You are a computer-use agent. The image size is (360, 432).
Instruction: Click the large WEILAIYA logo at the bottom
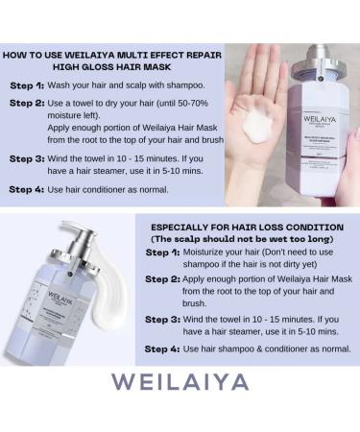click(180, 381)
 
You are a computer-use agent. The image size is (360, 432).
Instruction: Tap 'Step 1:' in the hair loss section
click(164, 252)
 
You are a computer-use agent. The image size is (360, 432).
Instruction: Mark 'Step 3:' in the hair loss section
click(164, 318)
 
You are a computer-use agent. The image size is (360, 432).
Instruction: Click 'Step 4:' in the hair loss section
click(164, 348)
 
